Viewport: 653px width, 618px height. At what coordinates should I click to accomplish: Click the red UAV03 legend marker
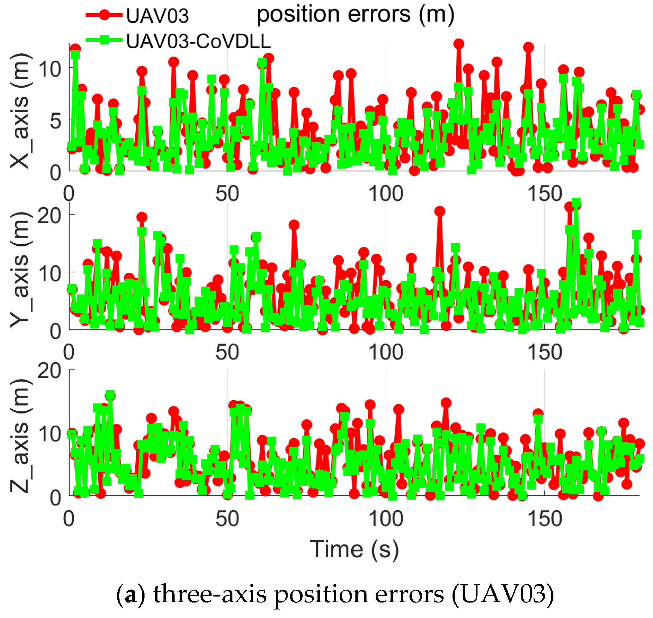pos(104,15)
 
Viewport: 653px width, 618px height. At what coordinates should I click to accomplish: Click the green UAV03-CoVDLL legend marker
pos(104,40)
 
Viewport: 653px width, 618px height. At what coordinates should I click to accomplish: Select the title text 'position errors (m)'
pos(355,15)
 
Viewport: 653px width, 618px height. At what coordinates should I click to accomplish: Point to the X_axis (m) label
pos(21,111)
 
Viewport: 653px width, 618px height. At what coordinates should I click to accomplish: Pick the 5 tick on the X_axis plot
pos(55,121)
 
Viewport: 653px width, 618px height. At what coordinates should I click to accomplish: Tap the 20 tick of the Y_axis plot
pos(49,216)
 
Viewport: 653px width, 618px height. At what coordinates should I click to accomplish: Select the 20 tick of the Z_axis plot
pos(49,371)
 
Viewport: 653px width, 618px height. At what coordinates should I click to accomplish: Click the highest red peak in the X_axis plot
pos(459,44)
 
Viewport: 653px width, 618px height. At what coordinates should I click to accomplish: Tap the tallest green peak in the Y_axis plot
pos(576,202)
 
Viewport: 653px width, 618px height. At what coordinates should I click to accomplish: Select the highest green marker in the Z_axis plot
pos(110,395)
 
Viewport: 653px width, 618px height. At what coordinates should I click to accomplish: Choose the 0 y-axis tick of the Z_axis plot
pos(55,498)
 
